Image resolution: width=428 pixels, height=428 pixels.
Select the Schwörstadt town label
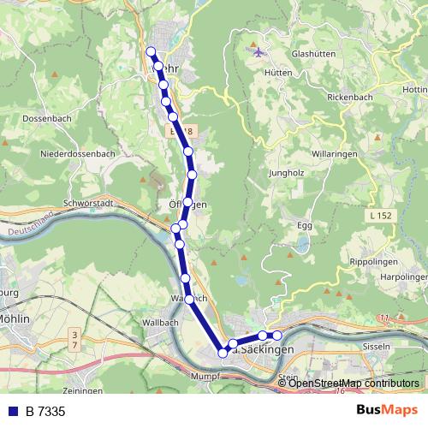pos(88,205)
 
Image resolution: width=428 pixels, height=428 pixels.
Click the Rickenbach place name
pos(350,97)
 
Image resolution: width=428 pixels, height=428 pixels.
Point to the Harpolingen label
pos(403,277)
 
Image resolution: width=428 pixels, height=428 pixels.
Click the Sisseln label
pos(377,347)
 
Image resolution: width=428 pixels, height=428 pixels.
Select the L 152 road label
pos(383,217)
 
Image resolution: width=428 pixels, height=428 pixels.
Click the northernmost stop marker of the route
pos(152,51)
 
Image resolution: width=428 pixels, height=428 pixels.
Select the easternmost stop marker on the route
pos(276,335)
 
